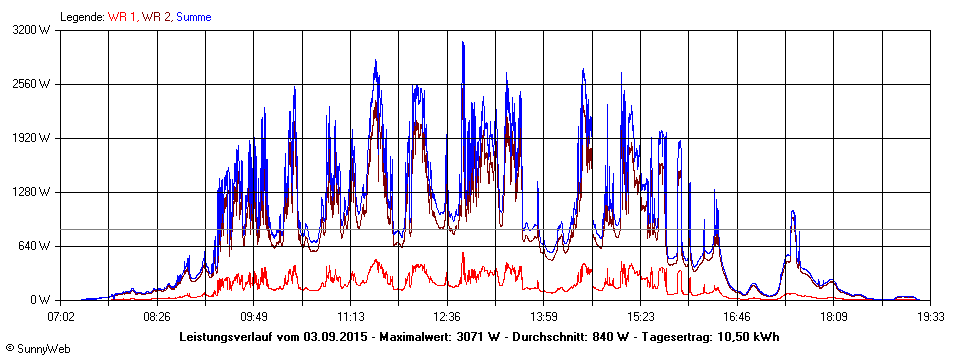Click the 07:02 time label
point(61,316)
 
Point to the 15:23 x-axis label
point(640,316)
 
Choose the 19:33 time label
point(930,316)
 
